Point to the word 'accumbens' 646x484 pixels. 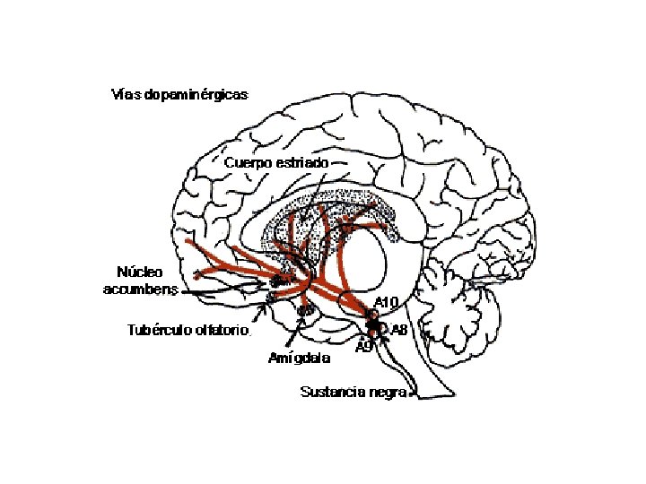(x=142, y=288)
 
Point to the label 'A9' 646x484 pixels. (x=363, y=347)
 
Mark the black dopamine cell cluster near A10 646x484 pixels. (x=373, y=326)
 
